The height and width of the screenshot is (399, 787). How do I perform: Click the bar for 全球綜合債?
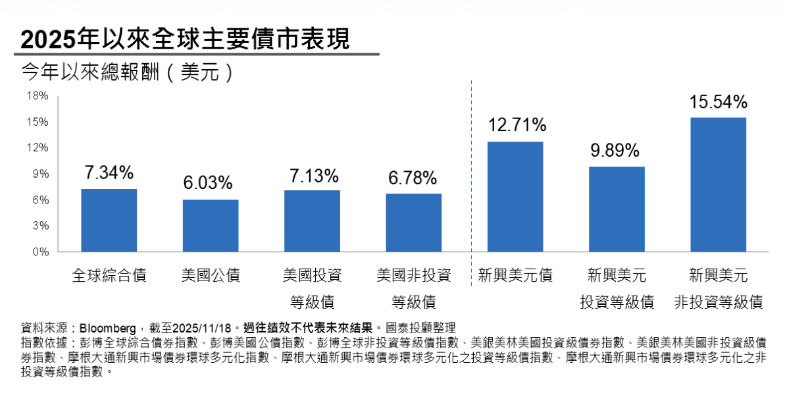109,220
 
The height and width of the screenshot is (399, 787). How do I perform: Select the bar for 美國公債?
211,225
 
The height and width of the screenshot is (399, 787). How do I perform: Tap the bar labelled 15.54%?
718,184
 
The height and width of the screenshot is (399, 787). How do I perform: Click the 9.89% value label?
615,151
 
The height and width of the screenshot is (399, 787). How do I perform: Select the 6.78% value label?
413,178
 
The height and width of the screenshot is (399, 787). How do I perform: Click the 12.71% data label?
516,125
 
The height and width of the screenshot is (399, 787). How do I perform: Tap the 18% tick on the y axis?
38,96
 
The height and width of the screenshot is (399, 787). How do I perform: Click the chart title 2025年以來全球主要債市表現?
185,40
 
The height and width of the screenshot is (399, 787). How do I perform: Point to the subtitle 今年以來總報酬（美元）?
128,72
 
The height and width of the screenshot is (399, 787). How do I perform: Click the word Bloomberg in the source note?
108,327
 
